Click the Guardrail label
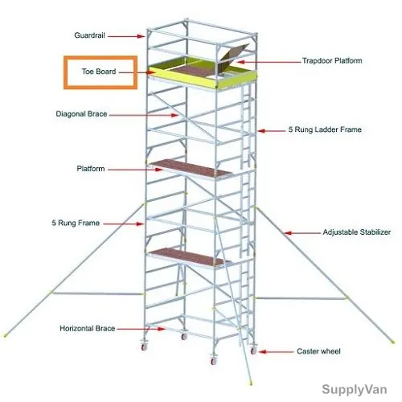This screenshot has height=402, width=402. pos(89,35)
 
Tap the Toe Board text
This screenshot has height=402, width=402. pos(99,72)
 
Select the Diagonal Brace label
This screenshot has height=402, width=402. pos(81,114)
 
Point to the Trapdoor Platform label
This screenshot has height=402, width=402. pos(332,60)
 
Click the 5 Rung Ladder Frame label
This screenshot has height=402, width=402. pos(325,129)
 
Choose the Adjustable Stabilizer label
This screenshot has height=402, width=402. pos(357,232)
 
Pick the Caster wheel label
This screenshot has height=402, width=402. pos(318,351)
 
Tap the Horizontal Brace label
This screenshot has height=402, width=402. pos(88,329)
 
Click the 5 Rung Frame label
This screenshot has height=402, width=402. pos(76,223)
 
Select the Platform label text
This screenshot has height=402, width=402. pos(91,169)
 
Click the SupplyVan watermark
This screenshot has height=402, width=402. pos(355,389)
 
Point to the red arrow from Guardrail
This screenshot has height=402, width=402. pos(126,36)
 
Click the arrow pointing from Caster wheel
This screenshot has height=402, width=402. pos(276,351)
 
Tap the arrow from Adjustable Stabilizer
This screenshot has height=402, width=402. pos(302,233)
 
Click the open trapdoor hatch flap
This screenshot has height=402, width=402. pos(234,54)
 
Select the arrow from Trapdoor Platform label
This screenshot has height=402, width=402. pos(269,62)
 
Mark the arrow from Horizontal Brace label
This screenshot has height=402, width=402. pos(141,329)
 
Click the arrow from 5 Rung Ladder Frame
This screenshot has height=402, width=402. pos(272,131)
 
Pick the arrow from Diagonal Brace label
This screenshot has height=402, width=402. pos(144,115)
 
